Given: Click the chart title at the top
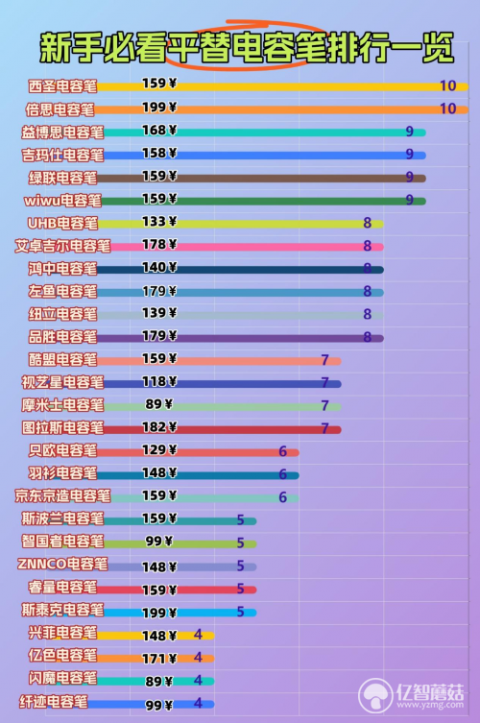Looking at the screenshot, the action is point(247,47).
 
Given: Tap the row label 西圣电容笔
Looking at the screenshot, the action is point(62,86).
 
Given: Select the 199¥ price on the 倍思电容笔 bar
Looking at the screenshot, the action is point(159,108).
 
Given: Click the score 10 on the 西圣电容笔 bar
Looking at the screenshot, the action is point(447,85).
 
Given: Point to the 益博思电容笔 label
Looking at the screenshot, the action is point(62,133).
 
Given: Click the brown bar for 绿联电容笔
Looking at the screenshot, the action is point(261,178).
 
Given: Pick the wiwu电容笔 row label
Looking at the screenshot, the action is point(62,201).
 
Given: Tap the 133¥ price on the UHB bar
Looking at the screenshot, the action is point(159,222).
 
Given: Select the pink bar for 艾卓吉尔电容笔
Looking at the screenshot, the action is point(247,247).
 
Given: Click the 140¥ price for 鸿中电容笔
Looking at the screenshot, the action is point(159,268).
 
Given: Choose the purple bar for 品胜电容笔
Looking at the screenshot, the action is point(240,338).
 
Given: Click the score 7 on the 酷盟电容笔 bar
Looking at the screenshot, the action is point(325,360).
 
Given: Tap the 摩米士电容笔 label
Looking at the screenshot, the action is point(62,405).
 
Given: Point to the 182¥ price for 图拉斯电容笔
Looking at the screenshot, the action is point(159,427).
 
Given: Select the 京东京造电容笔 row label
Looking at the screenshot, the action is point(62,495).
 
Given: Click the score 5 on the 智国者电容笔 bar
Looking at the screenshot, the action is point(240,542).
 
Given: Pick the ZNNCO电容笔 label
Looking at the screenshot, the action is point(62,564).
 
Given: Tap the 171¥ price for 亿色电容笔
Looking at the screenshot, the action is point(159,659).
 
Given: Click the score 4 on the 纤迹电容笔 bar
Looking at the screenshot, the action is point(198,703).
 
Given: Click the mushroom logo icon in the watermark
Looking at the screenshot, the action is point(375,695).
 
